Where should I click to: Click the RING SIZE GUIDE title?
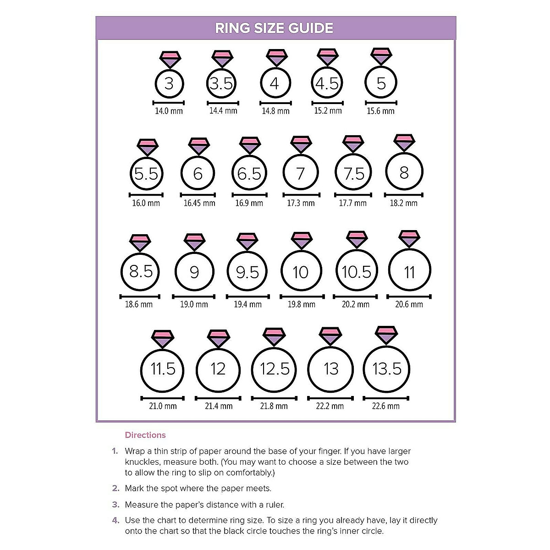point(274,28)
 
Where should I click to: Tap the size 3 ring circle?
point(169,83)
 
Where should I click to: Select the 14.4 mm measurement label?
point(223,110)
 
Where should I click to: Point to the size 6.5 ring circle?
point(249,174)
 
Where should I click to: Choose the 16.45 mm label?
point(199,203)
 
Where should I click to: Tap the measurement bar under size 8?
point(403,195)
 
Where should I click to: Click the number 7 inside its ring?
point(300,174)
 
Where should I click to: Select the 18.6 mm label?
point(139,304)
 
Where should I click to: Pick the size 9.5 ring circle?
point(247,272)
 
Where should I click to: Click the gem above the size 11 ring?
point(409,239)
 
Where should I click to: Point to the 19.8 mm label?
point(302,304)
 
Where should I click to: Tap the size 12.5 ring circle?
point(275,369)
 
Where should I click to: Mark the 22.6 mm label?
point(386,406)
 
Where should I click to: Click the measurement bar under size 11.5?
point(162,398)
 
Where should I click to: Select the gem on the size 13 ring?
point(330,336)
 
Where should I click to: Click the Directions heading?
point(145,435)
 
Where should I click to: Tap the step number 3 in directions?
point(115,505)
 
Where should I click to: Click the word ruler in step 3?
point(273,505)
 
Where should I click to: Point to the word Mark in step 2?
point(134,488)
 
